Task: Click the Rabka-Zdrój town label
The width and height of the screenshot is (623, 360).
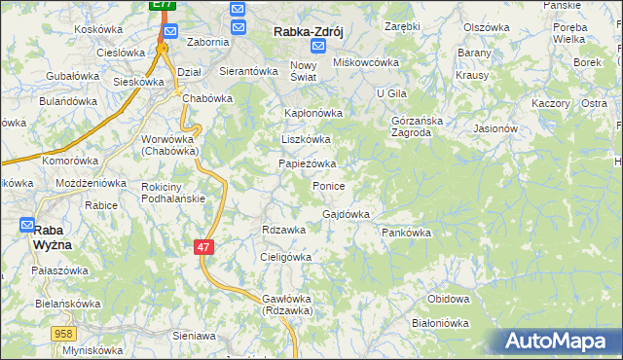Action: pyautogui.click(x=311, y=30)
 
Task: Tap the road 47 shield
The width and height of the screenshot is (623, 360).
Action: pyautogui.click(x=203, y=248)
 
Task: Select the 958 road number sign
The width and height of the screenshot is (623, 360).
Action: pyautogui.click(x=64, y=333)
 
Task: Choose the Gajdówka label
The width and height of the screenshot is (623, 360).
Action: pyautogui.click(x=346, y=214)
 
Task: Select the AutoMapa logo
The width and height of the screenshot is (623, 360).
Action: pyautogui.click(x=558, y=342)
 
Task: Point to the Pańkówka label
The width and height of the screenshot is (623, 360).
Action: pyautogui.click(x=406, y=234)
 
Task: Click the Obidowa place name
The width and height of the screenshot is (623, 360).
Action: pyautogui.click(x=449, y=298)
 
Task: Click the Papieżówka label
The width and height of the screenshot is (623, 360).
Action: pyautogui.click(x=308, y=163)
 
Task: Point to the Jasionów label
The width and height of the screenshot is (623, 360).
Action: pyautogui.click(x=495, y=127)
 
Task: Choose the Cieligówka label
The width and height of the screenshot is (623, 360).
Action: pyautogui.click(x=285, y=257)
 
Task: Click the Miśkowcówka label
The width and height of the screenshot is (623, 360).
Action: pyautogui.click(x=367, y=62)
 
